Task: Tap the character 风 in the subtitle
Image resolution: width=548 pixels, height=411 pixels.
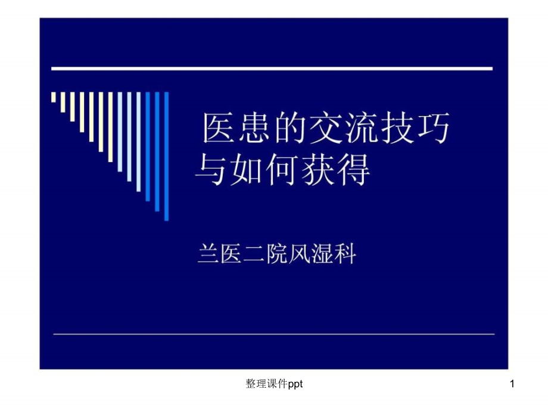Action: (x=300, y=255)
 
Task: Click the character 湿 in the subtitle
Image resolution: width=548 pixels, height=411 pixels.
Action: (x=323, y=255)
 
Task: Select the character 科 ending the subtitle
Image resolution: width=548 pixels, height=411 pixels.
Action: (x=346, y=255)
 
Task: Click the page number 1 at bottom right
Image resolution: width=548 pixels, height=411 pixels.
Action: (x=511, y=385)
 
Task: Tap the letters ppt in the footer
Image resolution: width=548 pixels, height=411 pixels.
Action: (x=295, y=385)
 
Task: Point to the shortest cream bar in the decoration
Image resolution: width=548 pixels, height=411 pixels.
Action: (x=54, y=96)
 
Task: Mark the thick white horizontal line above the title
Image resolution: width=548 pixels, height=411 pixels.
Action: (x=272, y=69)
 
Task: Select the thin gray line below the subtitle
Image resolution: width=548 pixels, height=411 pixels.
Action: (x=274, y=334)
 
